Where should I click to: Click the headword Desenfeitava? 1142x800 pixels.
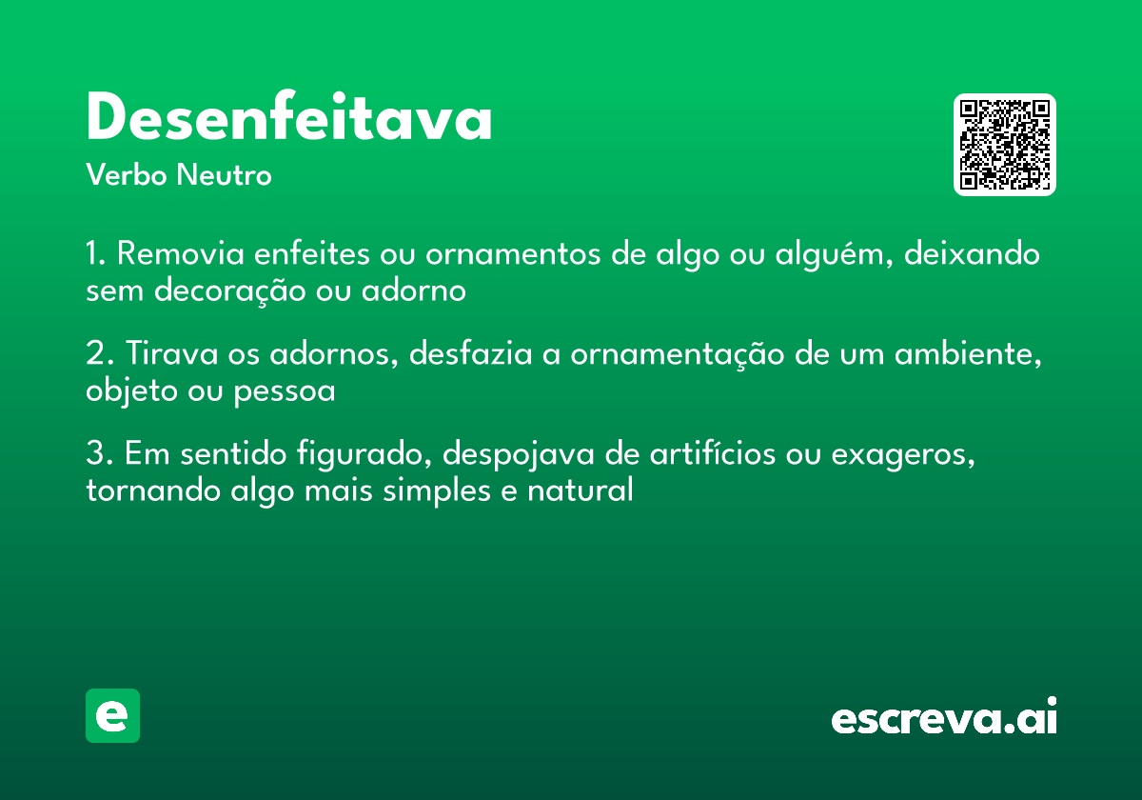pyautogui.click(x=288, y=119)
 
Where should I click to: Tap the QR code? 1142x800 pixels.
pyautogui.click(x=1005, y=145)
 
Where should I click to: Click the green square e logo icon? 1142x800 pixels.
pyautogui.click(x=112, y=715)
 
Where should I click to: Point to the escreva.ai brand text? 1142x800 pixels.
pyautogui.click(x=944, y=718)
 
